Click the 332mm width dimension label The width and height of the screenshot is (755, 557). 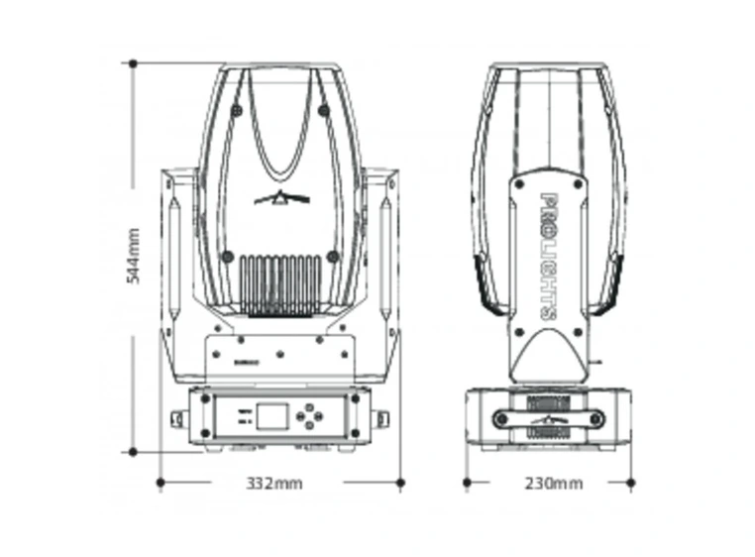[274, 484]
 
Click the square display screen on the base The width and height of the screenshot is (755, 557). [270, 415]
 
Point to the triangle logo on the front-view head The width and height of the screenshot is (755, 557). [282, 198]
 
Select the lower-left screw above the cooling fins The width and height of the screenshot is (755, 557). [227, 257]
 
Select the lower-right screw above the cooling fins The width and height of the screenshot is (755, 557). [334, 257]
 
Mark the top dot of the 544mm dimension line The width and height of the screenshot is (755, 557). [132, 63]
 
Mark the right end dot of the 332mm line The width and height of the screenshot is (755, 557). [400, 483]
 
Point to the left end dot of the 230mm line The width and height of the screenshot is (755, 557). [467, 483]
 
